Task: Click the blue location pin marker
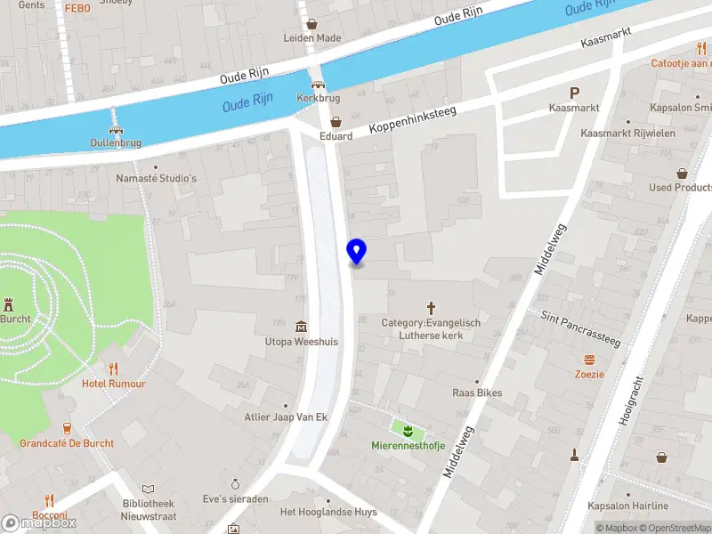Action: tap(356, 252)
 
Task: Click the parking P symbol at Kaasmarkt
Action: tap(574, 93)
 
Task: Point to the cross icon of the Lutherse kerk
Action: tap(431, 307)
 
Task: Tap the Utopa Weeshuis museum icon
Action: tap(302, 326)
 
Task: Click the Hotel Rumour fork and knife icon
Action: tap(113, 368)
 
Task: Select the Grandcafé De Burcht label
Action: tap(67, 442)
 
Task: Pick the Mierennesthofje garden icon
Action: tap(407, 431)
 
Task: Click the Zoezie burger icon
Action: tap(589, 360)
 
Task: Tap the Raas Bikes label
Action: tap(477, 392)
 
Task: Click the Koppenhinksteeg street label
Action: tap(418, 116)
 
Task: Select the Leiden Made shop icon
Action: tap(311, 24)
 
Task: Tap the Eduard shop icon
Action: tap(336, 122)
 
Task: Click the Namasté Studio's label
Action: tap(156, 178)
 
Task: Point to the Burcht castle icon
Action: tap(10, 303)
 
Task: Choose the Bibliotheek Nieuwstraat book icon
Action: tap(149, 489)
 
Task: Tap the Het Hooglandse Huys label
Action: tap(328, 512)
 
